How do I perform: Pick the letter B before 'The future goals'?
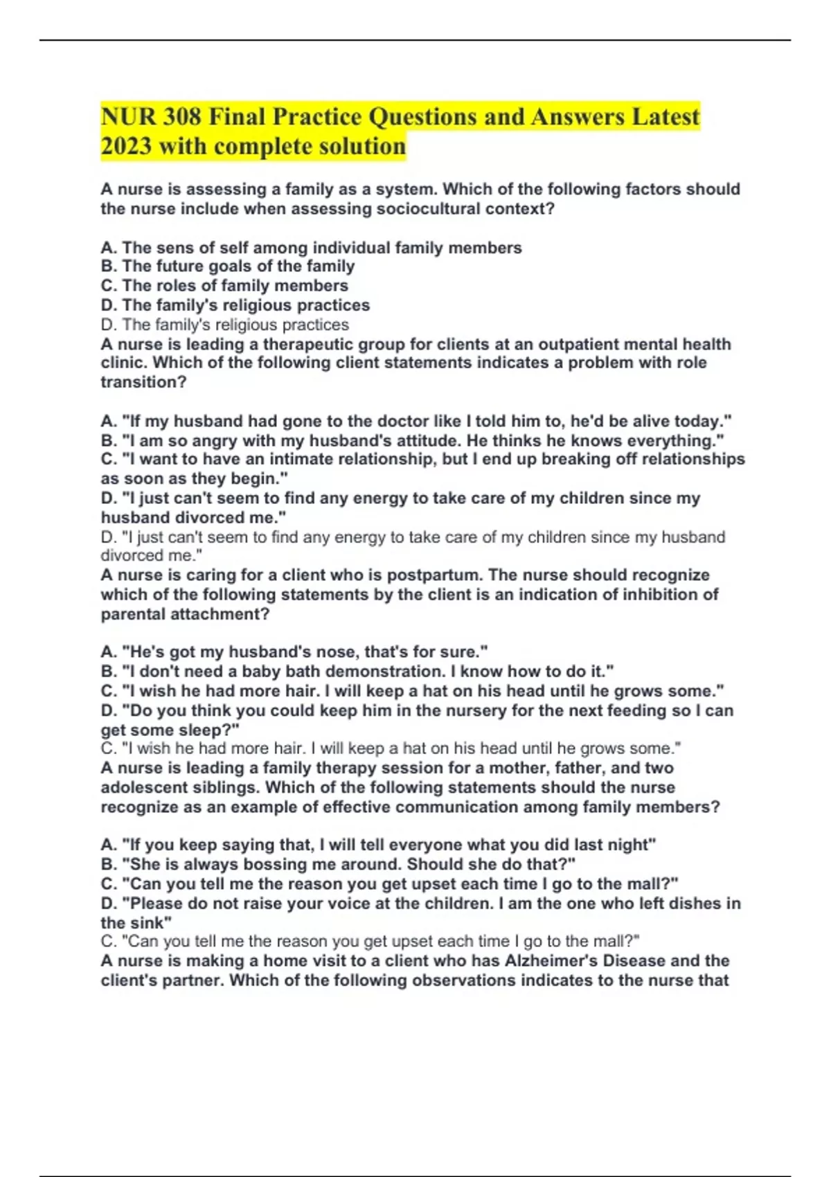(x=107, y=267)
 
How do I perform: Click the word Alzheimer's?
(x=584, y=961)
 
